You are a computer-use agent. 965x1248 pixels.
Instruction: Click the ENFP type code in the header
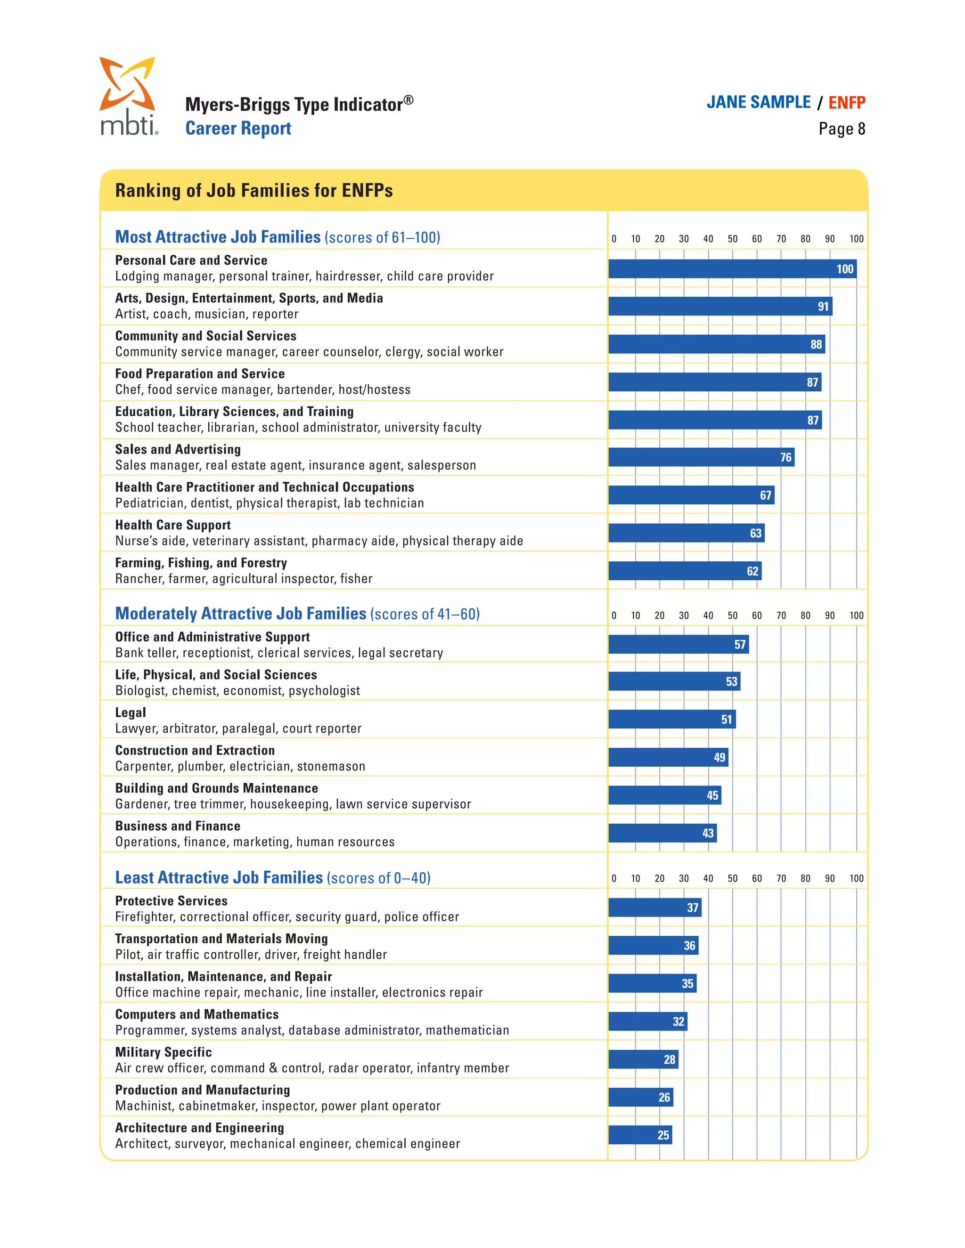pos(846,103)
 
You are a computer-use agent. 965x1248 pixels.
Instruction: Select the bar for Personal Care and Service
pos(732,268)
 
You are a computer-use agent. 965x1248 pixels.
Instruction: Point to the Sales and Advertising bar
pos(700,457)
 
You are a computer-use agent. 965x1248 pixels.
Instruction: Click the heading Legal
pos(131,713)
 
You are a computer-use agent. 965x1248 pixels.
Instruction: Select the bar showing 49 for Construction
pos(668,757)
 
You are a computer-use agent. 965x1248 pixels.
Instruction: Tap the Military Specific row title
pos(164,1052)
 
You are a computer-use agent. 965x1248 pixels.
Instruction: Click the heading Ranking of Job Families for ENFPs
pos(254,190)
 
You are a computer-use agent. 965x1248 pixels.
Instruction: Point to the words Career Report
pos(238,129)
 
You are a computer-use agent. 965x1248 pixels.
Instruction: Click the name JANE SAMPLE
pos(758,103)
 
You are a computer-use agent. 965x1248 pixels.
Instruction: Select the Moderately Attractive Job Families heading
pos(240,614)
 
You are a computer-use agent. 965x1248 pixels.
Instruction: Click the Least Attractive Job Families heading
pos(219,878)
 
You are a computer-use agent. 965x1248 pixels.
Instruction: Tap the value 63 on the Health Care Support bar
pos(755,533)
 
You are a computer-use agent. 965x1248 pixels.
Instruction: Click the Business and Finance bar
pos(662,833)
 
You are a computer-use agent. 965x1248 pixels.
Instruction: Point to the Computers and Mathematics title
pos(196,1014)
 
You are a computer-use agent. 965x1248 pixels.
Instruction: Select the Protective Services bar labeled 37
pos(654,908)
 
